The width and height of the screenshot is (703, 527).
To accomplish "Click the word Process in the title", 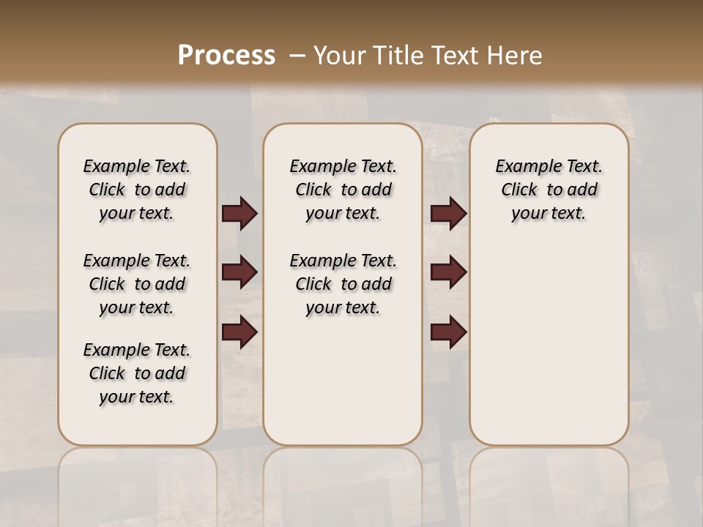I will point(226,56).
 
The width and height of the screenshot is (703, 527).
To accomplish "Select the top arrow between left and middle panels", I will point(239,213).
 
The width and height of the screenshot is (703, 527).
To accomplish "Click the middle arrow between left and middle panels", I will point(239,272).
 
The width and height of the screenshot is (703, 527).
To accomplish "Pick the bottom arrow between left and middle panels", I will point(239,332).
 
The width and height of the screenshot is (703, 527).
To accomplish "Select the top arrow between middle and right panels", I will point(448,213).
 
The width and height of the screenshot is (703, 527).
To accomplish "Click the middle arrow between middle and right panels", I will point(448,272).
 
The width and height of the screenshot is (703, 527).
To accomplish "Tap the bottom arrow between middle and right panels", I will point(448,332).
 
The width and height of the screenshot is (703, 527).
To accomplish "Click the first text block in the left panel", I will point(137,190).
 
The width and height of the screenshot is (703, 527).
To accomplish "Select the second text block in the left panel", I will point(137,284).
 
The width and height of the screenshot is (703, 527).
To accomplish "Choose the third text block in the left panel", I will point(137,373).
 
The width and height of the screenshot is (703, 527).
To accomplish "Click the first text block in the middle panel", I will point(343,190).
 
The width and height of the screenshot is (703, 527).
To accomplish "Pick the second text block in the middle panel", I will point(343,284).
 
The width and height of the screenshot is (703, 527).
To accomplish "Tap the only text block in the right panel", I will point(548,190).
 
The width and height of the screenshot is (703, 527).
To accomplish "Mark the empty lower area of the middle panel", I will point(343,381).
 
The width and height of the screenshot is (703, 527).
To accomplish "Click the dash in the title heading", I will point(297,56).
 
